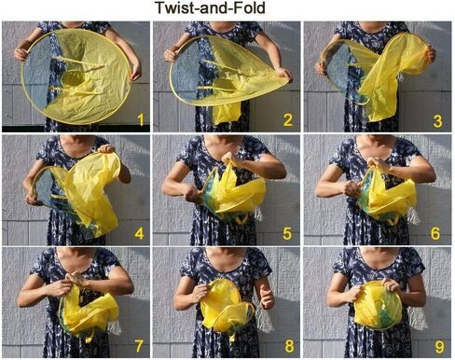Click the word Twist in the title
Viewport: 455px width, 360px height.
[176, 7]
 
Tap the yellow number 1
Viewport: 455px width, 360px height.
[141, 120]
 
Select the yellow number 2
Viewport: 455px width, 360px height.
[288, 120]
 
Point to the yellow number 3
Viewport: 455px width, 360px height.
[438, 121]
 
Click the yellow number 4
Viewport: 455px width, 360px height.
[140, 234]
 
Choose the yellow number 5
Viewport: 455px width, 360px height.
[287, 234]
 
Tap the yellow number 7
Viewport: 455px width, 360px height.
[139, 346]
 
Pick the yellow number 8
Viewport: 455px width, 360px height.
[289, 346]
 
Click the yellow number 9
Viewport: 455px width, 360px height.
[439, 347]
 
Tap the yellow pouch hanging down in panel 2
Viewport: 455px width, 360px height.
[227, 113]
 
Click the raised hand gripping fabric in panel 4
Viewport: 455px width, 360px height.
[106, 149]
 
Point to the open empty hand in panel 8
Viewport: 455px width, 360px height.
[267, 297]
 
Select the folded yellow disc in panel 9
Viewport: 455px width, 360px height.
[379, 305]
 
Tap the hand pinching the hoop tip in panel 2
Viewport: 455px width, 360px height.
[283, 75]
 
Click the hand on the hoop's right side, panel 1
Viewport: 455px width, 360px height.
[136, 71]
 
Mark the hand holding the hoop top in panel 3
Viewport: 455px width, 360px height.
[430, 54]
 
